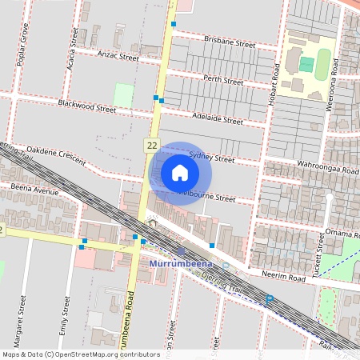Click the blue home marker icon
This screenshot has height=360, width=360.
[180, 173]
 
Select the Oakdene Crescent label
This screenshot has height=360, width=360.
[56, 155]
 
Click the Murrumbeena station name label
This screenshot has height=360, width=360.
[180, 263]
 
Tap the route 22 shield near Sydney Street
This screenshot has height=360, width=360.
[152, 144]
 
